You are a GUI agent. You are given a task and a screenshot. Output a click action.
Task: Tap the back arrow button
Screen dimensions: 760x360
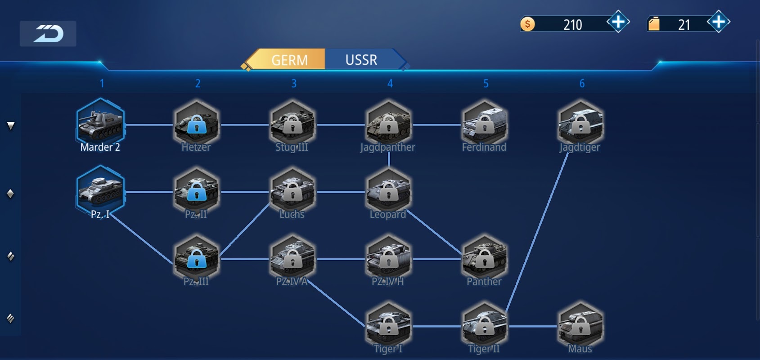tap(48, 34)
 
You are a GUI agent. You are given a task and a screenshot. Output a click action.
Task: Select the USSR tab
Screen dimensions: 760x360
tap(361, 60)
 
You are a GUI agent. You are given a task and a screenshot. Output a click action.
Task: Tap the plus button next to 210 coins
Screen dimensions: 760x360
tap(618, 22)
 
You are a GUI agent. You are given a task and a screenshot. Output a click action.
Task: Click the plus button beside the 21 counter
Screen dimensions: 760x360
tap(718, 22)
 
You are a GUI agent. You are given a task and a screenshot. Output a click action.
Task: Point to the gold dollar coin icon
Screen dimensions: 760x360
tap(527, 24)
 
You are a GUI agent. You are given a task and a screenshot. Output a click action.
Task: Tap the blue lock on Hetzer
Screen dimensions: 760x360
tap(197, 124)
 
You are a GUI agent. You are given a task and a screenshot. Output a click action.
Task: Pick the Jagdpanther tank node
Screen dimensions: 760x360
tap(388, 124)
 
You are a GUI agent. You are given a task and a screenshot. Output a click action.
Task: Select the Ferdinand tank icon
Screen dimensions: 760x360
tap(485, 124)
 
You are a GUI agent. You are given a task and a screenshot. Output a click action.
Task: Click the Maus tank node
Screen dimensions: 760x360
tap(580, 326)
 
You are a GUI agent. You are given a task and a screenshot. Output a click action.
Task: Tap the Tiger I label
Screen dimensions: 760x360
tap(388, 348)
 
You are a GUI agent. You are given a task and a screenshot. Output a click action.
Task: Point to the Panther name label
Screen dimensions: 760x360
tap(484, 281)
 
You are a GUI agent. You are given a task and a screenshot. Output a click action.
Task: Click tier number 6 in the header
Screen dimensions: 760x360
tap(582, 83)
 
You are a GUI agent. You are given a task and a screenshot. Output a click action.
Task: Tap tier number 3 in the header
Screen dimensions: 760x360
tap(294, 83)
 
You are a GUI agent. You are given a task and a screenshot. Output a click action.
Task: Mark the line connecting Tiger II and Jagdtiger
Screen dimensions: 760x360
tap(537, 232)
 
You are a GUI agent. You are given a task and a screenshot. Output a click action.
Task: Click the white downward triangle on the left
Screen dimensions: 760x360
tap(11, 126)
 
